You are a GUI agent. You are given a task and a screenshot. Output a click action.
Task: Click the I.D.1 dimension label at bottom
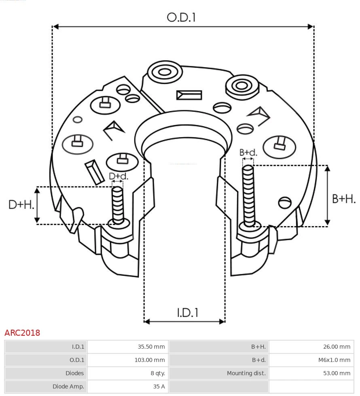click(187, 312)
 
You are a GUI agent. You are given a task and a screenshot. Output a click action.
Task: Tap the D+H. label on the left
click(21, 205)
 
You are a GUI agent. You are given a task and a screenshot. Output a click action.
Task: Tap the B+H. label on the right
click(344, 199)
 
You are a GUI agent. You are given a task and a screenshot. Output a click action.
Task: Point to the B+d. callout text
click(248, 152)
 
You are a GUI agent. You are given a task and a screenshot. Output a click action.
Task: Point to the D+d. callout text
click(119, 176)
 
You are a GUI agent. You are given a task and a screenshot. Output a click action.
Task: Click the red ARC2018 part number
click(22, 333)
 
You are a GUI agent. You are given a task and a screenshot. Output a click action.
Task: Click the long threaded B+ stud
click(248, 194)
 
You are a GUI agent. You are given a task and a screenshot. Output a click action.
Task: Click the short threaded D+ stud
click(118, 204)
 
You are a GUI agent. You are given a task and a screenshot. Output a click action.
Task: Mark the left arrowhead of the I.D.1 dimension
click(147, 322)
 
